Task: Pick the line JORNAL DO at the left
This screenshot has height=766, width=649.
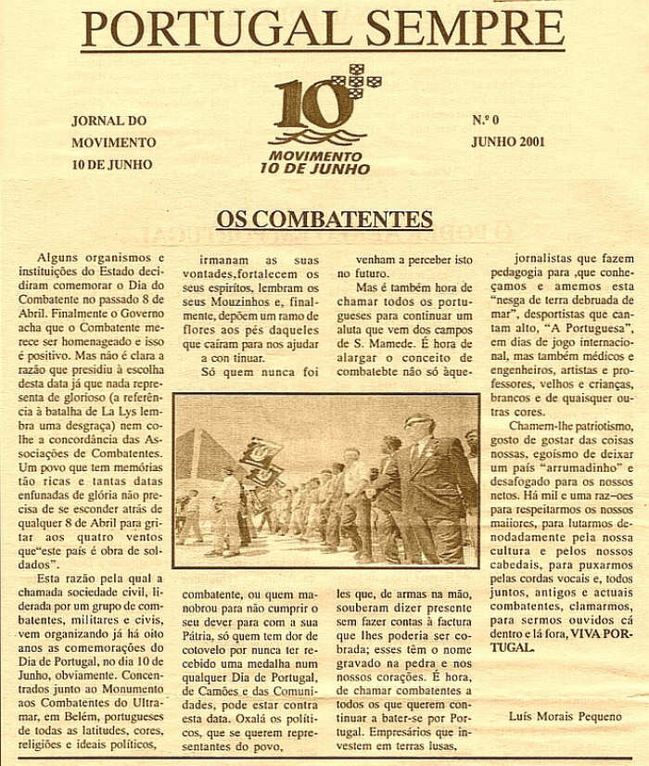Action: click(109, 121)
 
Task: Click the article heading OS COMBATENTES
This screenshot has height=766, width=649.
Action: click(324, 220)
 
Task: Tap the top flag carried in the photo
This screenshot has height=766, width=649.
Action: click(260, 453)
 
